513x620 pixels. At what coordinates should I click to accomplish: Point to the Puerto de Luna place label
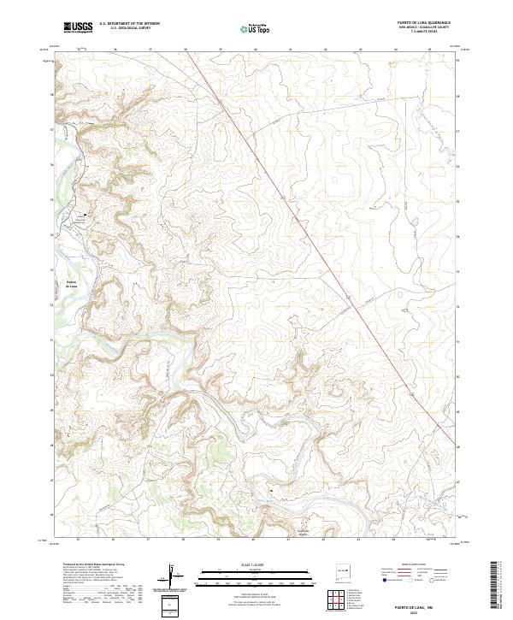click(x=72, y=283)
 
